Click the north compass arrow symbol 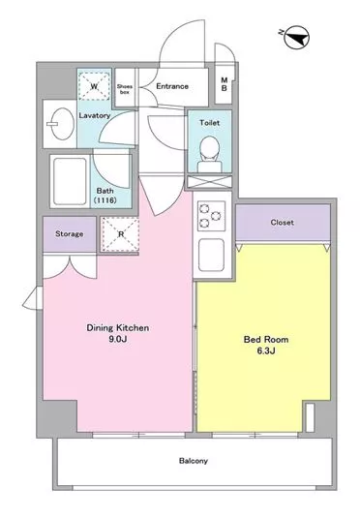pyautogui.click(x=296, y=37)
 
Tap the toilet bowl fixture pyautogui.click(x=210, y=154)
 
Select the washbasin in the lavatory pyautogui.click(x=63, y=124)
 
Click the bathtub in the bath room pyautogui.click(x=70, y=181)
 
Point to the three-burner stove pyautogui.click(x=211, y=216)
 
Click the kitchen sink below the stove pyautogui.click(x=211, y=255)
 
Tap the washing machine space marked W pyautogui.click(x=95, y=86)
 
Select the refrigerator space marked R pyautogui.click(x=121, y=234)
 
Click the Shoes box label pyautogui.click(x=125, y=89)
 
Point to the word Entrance pyautogui.click(x=172, y=86)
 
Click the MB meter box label pyautogui.click(x=225, y=84)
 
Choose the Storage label pyautogui.click(x=69, y=234)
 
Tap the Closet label pyautogui.click(x=282, y=223)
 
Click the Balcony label pyautogui.click(x=194, y=461)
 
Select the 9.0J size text pyautogui.click(x=118, y=339)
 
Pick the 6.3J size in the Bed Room pyautogui.click(x=266, y=350)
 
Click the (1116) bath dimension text pyautogui.click(x=105, y=200)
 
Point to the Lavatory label pyautogui.click(x=95, y=115)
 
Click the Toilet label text pyautogui.click(x=209, y=123)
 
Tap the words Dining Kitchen pyautogui.click(x=117, y=327)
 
